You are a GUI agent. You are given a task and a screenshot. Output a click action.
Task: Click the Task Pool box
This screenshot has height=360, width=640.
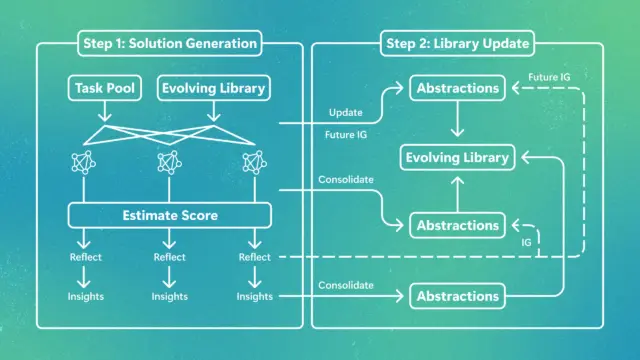coord(105,88)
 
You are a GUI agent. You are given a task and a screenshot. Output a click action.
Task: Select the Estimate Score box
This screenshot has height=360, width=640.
coord(170,215)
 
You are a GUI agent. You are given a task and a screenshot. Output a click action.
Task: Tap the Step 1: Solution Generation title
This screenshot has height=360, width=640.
coord(170,43)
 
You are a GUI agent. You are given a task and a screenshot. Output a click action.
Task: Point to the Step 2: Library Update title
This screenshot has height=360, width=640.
coord(458,43)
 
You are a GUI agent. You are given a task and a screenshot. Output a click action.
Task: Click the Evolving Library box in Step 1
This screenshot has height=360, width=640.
coord(214,88)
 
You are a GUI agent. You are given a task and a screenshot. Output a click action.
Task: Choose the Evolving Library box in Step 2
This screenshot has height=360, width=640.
coord(458,157)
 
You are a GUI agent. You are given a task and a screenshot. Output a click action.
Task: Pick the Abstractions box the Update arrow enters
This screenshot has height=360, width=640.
coord(458,88)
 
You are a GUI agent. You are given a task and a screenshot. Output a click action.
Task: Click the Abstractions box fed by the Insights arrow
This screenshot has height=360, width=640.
coord(458,296)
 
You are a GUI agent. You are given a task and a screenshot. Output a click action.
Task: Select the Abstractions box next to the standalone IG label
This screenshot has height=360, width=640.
coord(458,225)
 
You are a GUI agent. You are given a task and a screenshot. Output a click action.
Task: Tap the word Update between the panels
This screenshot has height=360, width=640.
coord(346,112)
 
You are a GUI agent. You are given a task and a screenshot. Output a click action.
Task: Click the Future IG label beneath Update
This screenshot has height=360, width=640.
coord(346,135)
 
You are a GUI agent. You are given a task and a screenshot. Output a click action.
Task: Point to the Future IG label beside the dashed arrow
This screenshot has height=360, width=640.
coord(549,77)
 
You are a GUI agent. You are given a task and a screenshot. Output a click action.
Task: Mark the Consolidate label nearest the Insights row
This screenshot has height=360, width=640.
coord(346,285)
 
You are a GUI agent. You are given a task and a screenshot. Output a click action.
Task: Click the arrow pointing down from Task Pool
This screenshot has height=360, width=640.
coord(105,111)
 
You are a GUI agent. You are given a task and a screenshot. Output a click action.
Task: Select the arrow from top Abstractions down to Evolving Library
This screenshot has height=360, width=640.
coord(458,118)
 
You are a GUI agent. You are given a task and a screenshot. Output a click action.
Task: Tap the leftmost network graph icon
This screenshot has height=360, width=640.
coord(84,162)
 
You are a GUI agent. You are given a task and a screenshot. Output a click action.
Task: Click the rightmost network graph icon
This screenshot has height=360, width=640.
coord(255,162)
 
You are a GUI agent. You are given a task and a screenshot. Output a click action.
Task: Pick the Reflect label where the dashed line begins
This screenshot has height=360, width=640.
coord(255,257)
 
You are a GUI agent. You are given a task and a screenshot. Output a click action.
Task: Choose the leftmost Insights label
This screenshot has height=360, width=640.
coord(86,296)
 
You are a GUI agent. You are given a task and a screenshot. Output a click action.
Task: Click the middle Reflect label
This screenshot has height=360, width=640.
coord(169,257)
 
